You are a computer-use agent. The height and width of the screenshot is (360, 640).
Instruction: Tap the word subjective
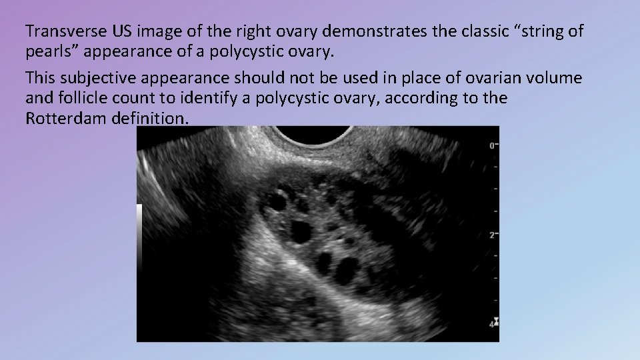click(x=101, y=78)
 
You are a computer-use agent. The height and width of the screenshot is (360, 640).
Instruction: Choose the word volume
click(x=555, y=78)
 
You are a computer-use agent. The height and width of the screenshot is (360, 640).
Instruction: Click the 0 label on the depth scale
click(x=491, y=145)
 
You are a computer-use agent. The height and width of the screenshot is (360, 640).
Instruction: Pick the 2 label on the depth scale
click(x=491, y=235)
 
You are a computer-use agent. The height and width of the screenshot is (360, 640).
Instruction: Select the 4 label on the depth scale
click(x=491, y=325)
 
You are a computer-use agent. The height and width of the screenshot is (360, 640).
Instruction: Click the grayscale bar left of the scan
click(x=139, y=240)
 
